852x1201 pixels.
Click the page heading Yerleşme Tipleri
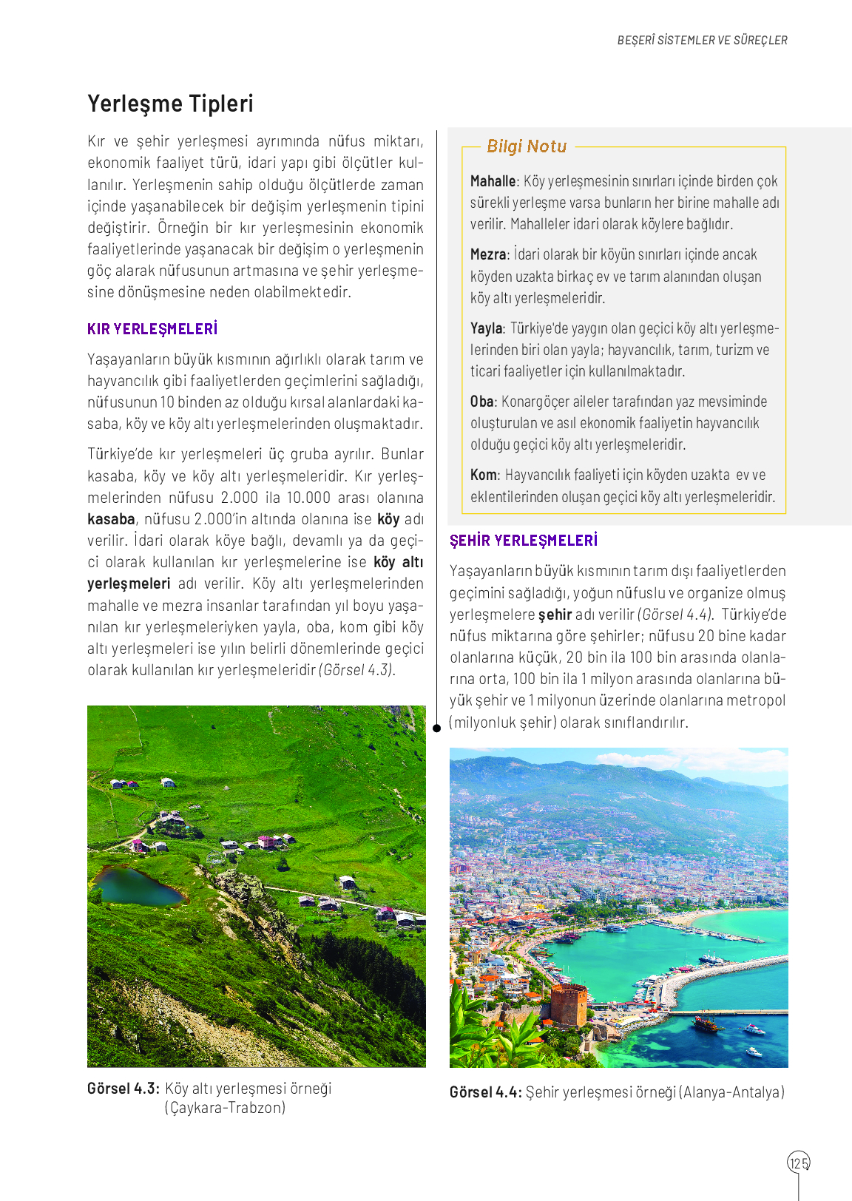click(170, 104)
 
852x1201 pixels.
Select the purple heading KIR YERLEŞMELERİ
click(152, 329)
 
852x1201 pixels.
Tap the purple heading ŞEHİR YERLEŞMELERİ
click(524, 541)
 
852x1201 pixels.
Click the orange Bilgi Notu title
click(527, 146)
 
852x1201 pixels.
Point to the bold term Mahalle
click(493, 181)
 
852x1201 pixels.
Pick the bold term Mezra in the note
click(488, 254)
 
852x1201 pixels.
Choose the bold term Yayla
click(487, 328)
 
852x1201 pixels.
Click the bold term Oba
click(481, 402)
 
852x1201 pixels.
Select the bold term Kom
click(484, 475)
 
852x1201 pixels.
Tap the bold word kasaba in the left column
click(111, 519)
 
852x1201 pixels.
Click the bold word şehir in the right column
click(555, 615)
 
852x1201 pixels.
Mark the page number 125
click(799, 1163)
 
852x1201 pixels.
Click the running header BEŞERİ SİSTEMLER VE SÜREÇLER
click(702, 41)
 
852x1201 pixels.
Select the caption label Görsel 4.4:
click(486, 1092)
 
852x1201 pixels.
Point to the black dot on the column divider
click(436, 728)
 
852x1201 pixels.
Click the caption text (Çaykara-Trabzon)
click(225, 1108)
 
